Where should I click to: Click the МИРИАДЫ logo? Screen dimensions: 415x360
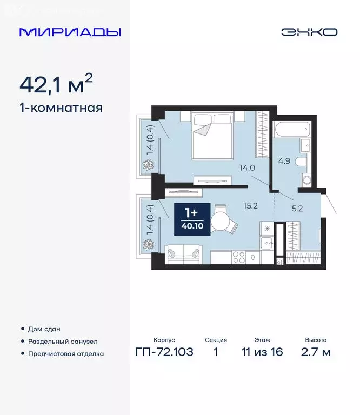[70, 32]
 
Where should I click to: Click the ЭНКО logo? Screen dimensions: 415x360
[309, 32]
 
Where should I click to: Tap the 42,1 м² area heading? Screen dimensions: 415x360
[56, 85]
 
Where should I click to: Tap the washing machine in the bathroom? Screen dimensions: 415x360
[306, 179]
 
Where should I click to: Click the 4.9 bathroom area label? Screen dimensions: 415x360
[284, 160]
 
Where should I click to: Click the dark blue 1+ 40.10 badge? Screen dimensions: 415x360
[191, 218]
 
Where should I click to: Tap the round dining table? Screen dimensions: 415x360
[222, 221]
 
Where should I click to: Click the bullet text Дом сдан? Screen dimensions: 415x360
[44, 329]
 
